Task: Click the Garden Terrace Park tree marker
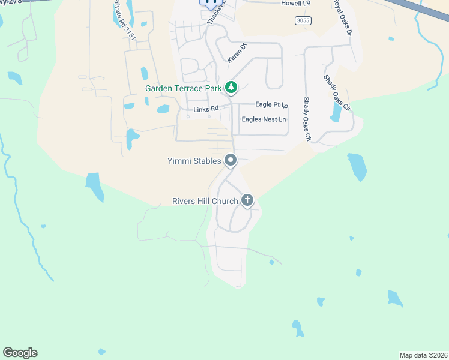(231, 88)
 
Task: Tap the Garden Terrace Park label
(183, 88)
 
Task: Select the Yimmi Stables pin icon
(231, 160)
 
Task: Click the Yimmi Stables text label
(194, 161)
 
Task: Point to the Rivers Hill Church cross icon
(247, 200)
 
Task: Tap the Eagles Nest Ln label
(264, 119)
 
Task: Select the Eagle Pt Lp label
(272, 105)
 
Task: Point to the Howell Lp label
(295, 3)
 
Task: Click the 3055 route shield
(303, 20)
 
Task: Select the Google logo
(20, 353)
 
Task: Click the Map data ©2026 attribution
(423, 355)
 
